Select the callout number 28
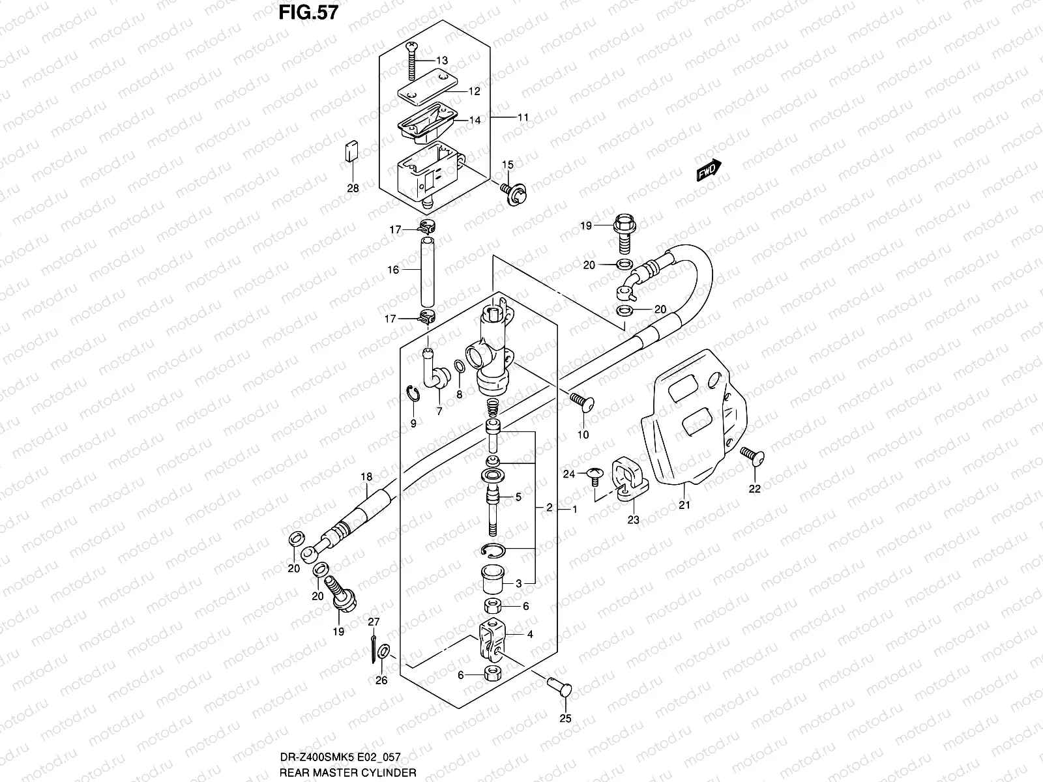(353, 189)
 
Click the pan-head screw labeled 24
(593, 476)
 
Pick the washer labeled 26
(385, 651)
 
